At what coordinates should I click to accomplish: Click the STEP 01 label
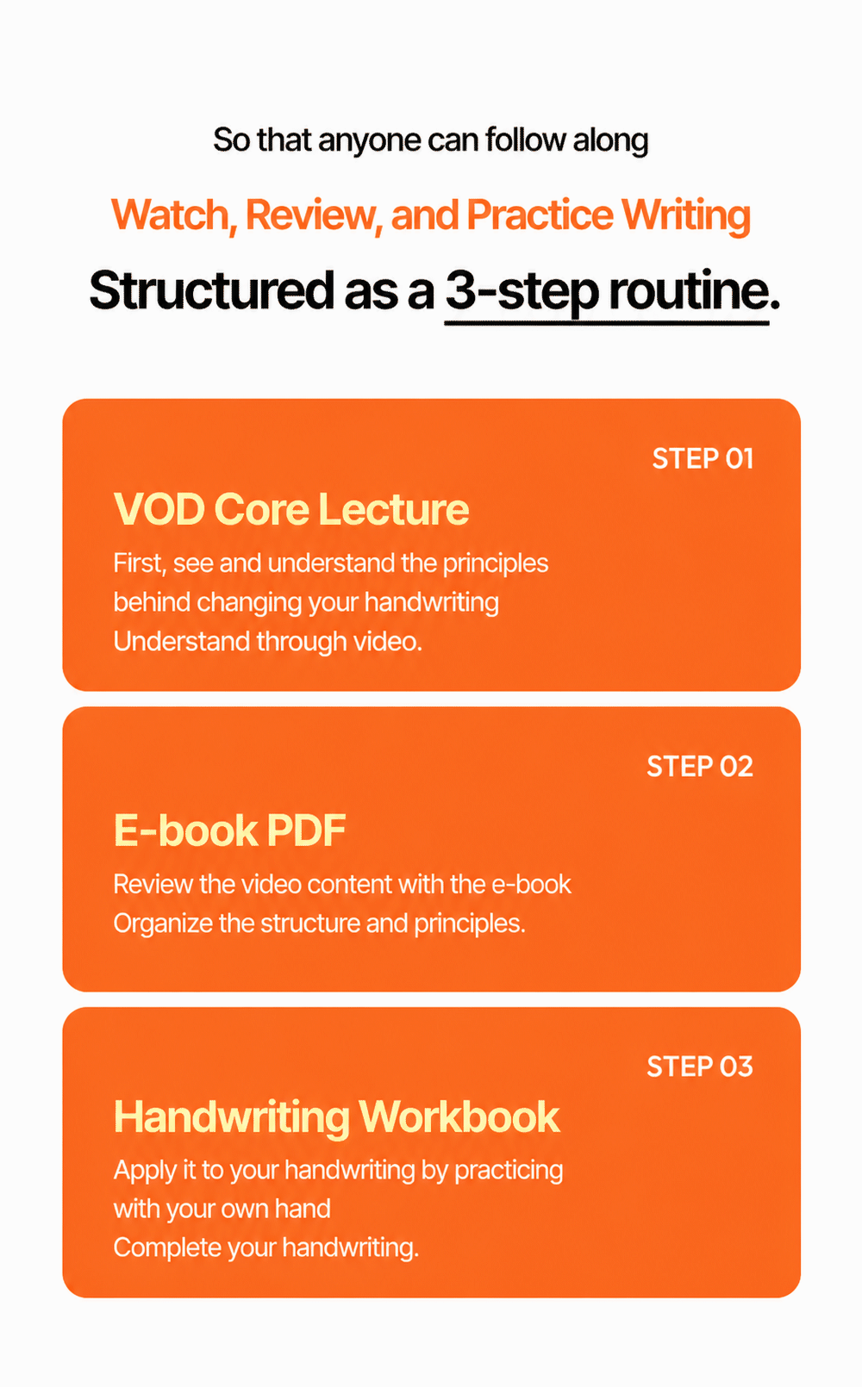point(703,459)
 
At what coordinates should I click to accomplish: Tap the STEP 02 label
point(700,767)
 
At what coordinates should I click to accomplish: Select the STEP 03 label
point(700,1067)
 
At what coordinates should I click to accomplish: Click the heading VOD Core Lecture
point(291,509)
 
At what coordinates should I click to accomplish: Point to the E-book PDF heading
point(230,830)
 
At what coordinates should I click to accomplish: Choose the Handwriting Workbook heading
point(337,1117)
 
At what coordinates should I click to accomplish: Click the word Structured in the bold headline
point(212,289)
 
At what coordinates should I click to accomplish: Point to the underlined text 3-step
point(522,292)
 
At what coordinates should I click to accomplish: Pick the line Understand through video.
point(268,642)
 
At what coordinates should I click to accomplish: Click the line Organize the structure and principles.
point(320,924)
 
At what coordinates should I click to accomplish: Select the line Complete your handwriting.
point(266,1248)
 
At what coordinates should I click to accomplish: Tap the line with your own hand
point(222,1210)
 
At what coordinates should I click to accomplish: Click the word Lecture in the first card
point(394,509)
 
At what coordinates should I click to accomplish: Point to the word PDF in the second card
point(306,830)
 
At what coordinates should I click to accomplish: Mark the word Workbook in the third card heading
point(459,1116)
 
